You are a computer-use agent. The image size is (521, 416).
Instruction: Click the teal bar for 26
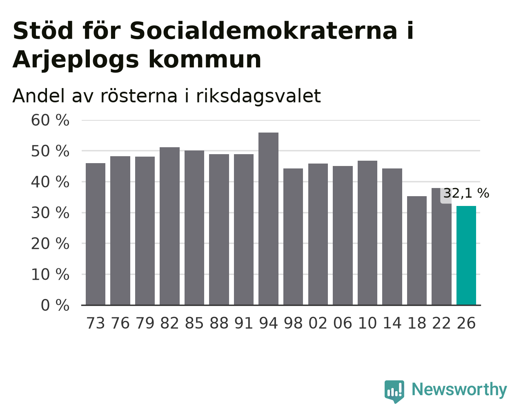pos(466,255)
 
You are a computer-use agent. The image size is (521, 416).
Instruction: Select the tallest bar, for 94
pos(268,219)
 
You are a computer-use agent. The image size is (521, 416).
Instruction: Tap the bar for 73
pos(96,234)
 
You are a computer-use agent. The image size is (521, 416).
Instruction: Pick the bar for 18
pos(416,250)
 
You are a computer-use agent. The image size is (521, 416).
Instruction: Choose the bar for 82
pos(169,226)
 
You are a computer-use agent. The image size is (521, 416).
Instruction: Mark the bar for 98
pos(293,237)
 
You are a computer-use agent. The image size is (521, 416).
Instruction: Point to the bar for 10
pos(367,233)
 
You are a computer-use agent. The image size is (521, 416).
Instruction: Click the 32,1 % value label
pos(466,193)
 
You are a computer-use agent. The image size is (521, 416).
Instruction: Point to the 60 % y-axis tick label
pos(50,120)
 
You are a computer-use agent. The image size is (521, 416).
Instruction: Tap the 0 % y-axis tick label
pos(55,305)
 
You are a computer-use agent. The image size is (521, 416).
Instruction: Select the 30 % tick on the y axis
pos(50,213)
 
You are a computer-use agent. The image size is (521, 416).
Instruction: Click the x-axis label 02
pos(318,323)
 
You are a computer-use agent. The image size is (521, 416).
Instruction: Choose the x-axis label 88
pos(219,323)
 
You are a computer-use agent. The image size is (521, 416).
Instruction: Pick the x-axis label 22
pos(441,323)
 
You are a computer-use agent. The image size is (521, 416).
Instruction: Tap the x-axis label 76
pos(120,323)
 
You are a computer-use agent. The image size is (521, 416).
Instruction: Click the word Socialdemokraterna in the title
pos(263,31)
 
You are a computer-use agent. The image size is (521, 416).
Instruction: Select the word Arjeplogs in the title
pos(76,60)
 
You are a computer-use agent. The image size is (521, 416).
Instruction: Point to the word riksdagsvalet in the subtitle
pos(258,96)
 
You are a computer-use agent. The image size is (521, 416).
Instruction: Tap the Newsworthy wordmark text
pos(459,389)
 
